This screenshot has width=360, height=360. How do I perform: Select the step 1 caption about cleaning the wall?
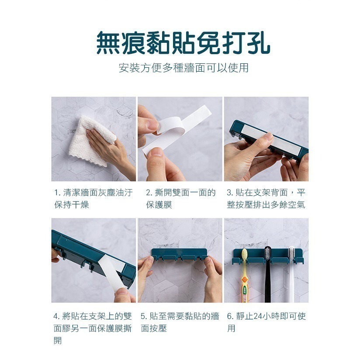(93, 199)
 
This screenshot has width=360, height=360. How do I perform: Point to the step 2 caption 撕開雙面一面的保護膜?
(180, 199)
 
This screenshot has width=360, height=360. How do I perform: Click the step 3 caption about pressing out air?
(266, 199)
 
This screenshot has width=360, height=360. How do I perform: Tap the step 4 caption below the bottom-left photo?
(93, 328)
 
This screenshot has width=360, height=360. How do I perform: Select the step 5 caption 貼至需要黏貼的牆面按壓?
(180, 322)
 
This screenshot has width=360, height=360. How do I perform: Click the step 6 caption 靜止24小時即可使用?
(266, 322)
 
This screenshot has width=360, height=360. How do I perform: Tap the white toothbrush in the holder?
(291, 275)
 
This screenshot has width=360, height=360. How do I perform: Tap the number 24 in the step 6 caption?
(256, 316)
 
